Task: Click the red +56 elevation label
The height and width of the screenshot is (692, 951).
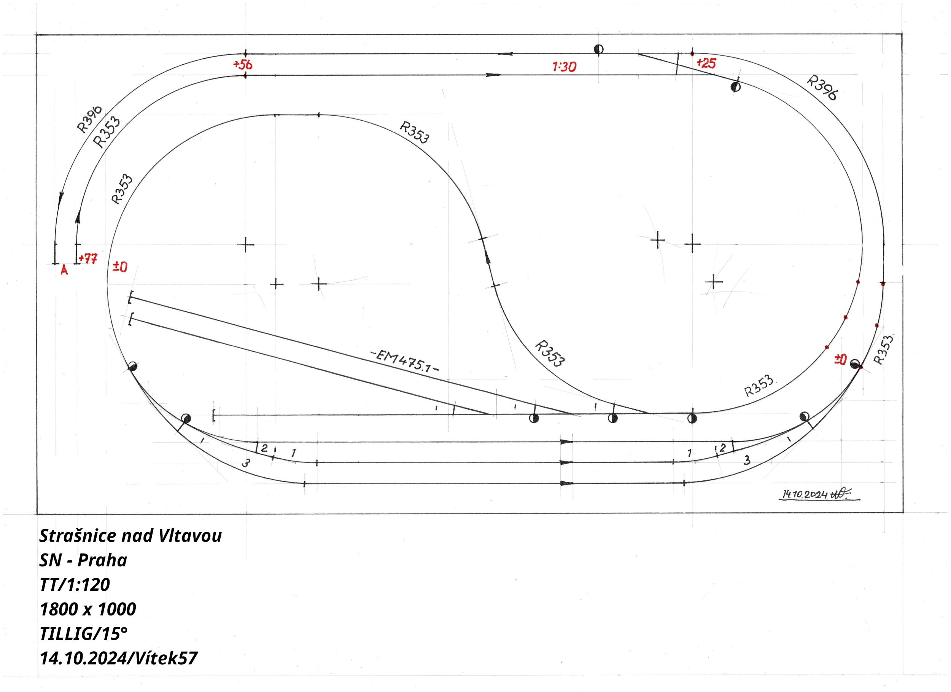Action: tap(243, 65)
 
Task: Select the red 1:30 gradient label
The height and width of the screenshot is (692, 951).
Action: tap(565, 67)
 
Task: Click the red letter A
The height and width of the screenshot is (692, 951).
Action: tap(64, 270)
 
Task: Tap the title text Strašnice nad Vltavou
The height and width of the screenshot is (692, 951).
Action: tap(130, 536)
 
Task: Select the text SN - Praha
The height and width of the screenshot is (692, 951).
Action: tap(83, 560)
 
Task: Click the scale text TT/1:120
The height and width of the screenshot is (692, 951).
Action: tap(75, 585)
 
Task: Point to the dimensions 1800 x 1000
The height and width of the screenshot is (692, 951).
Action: tap(87, 609)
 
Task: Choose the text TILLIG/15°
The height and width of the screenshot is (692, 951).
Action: tap(83, 633)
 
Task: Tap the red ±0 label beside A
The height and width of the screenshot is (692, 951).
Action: tap(120, 267)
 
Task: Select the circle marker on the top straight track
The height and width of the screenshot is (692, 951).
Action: tap(599, 49)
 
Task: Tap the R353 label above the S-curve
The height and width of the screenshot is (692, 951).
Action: tap(415, 132)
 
